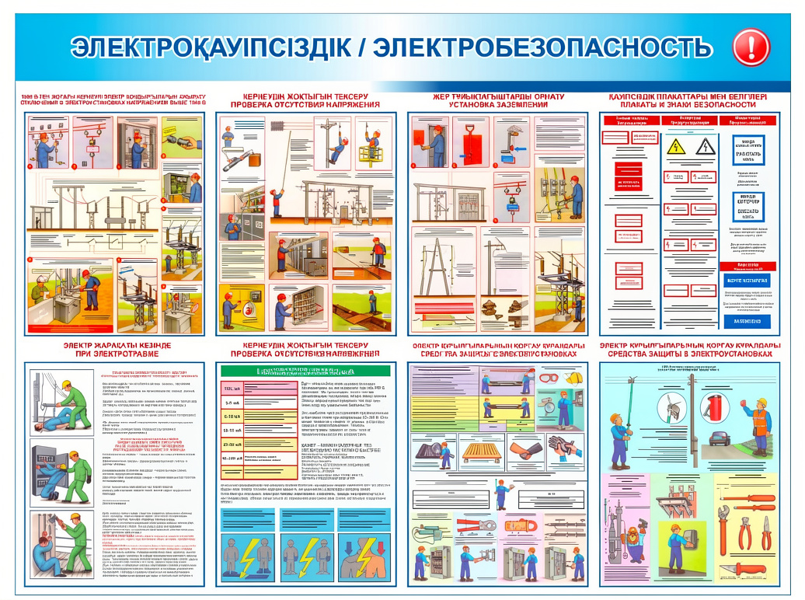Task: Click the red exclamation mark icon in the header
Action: tap(751, 47)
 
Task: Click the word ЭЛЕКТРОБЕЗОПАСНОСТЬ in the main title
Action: tap(542, 48)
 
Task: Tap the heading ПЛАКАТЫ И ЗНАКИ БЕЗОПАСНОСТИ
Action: tap(687, 104)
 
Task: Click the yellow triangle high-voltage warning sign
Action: tap(676, 147)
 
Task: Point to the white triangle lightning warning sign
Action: tap(703, 147)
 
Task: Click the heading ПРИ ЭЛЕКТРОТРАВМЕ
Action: tap(117, 354)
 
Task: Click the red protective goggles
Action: tap(548, 378)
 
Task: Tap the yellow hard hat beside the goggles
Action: tap(576, 378)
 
